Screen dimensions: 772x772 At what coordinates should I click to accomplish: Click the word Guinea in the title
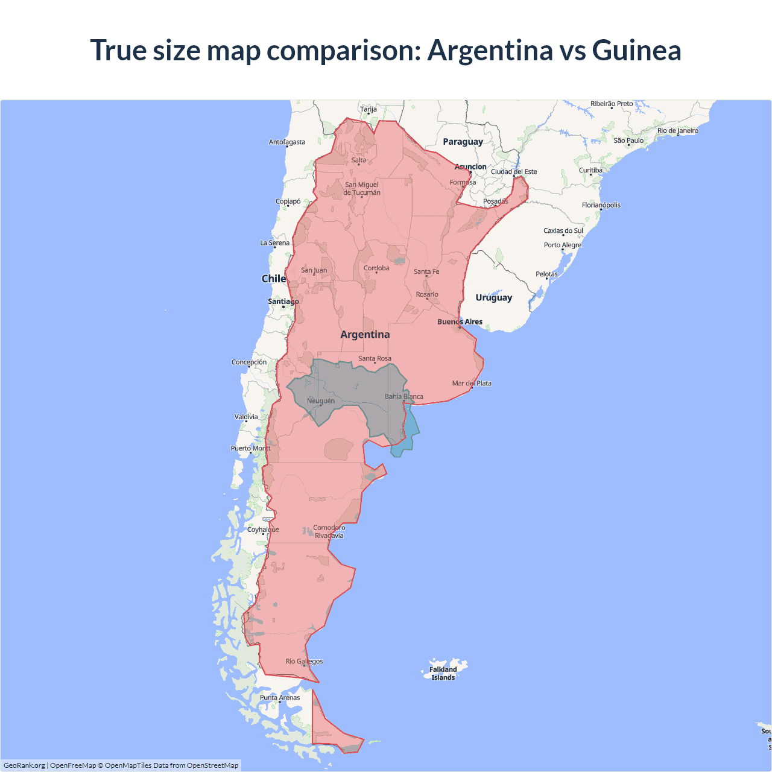tap(636, 50)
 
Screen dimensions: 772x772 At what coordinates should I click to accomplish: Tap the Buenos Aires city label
tap(460, 322)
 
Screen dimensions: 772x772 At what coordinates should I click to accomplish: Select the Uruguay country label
tap(493, 298)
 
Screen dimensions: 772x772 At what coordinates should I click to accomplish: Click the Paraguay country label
tap(463, 142)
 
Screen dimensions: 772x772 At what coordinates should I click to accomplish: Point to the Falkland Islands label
tap(443, 673)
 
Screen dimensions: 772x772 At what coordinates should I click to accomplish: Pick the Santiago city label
tap(283, 302)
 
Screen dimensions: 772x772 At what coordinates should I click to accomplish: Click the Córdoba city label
tap(376, 268)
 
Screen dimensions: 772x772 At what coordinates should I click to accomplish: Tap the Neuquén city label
tap(320, 401)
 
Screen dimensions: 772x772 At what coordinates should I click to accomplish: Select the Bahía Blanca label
tap(404, 397)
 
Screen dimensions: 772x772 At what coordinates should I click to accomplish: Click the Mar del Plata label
tap(472, 384)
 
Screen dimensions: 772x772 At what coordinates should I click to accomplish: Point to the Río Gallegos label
tap(304, 662)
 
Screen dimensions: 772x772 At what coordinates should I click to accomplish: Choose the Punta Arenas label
tap(280, 698)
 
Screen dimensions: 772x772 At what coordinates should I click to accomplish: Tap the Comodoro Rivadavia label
tap(329, 531)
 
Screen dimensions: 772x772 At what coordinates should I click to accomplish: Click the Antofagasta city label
tap(287, 142)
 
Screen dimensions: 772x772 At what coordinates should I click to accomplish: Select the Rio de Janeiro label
tap(678, 131)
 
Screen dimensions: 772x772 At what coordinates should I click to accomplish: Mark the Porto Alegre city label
tap(563, 245)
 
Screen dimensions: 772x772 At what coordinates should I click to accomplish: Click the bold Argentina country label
tap(365, 335)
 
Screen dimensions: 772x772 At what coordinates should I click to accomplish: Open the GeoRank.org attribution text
tap(24, 765)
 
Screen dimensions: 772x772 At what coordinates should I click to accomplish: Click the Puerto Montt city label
tap(251, 449)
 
